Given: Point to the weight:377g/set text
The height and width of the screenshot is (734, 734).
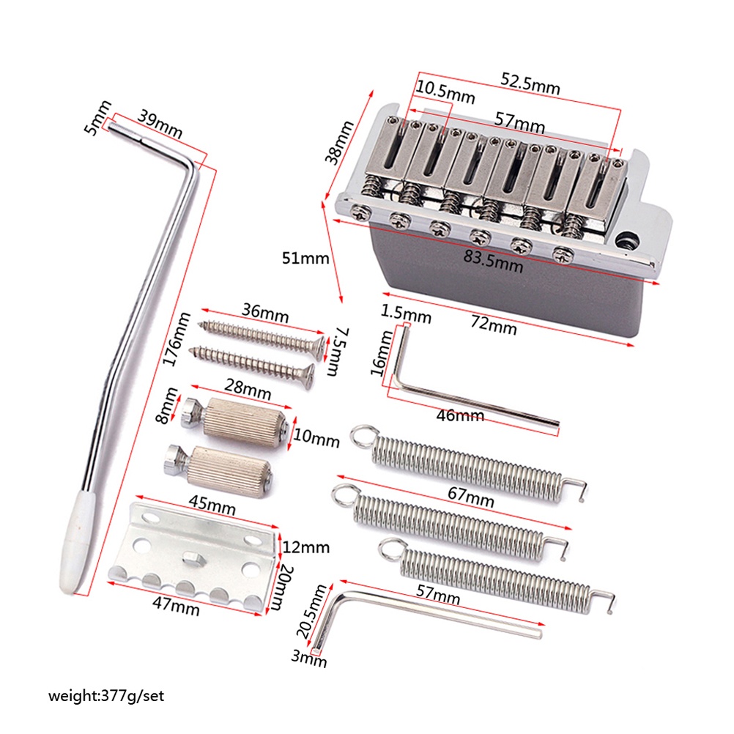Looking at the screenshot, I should coord(106,695).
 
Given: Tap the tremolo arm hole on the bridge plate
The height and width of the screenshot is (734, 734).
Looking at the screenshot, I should coord(626,237).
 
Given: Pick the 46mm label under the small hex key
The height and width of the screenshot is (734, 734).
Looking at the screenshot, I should coord(460,415).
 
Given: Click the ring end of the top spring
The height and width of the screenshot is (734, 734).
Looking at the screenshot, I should coord(360,437).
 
